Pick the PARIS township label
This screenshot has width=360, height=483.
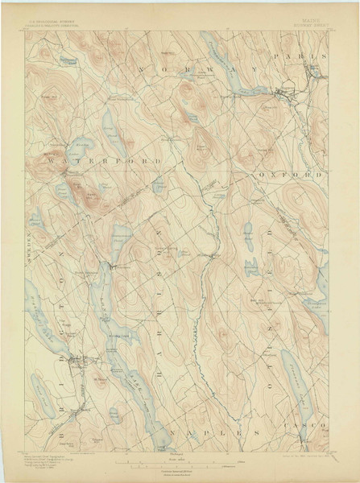click(x=299, y=57)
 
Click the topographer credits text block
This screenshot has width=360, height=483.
click(x=50, y=462)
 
